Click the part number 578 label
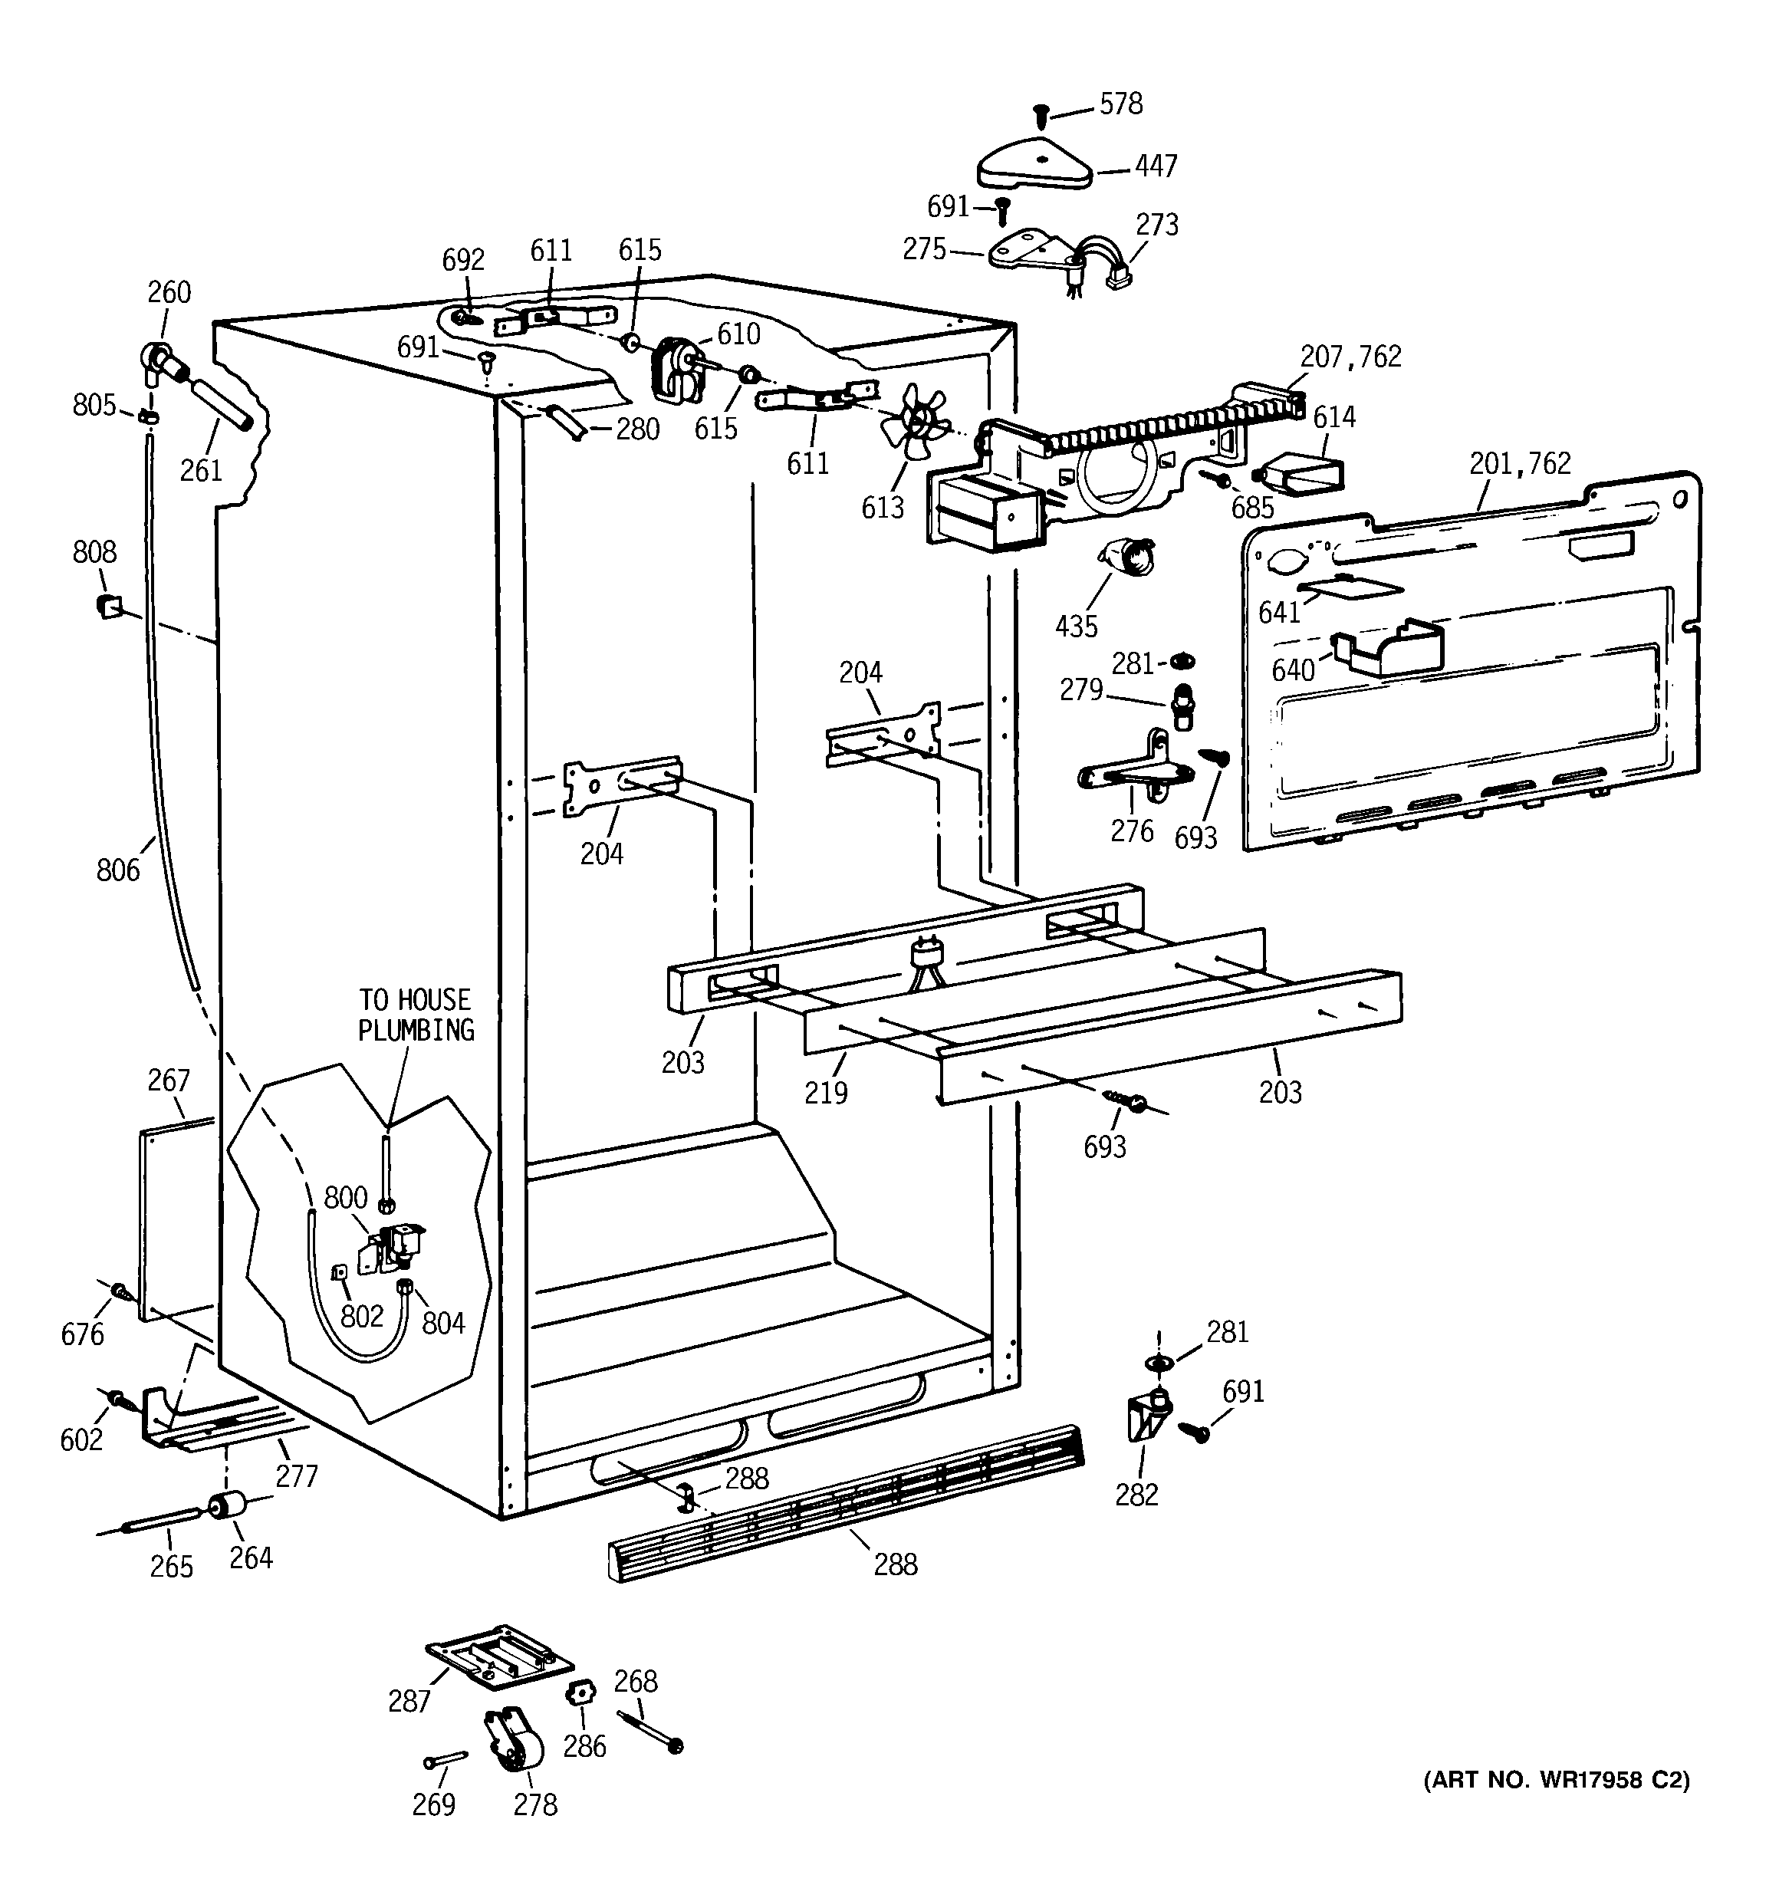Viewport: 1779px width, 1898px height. [x=1120, y=104]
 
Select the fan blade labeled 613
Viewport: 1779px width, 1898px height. [x=913, y=421]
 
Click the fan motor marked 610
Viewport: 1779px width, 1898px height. [x=674, y=367]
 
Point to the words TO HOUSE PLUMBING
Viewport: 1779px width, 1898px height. [x=416, y=1015]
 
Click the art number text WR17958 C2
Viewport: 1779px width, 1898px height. [x=1557, y=1780]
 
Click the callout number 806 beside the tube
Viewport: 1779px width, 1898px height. [x=117, y=870]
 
